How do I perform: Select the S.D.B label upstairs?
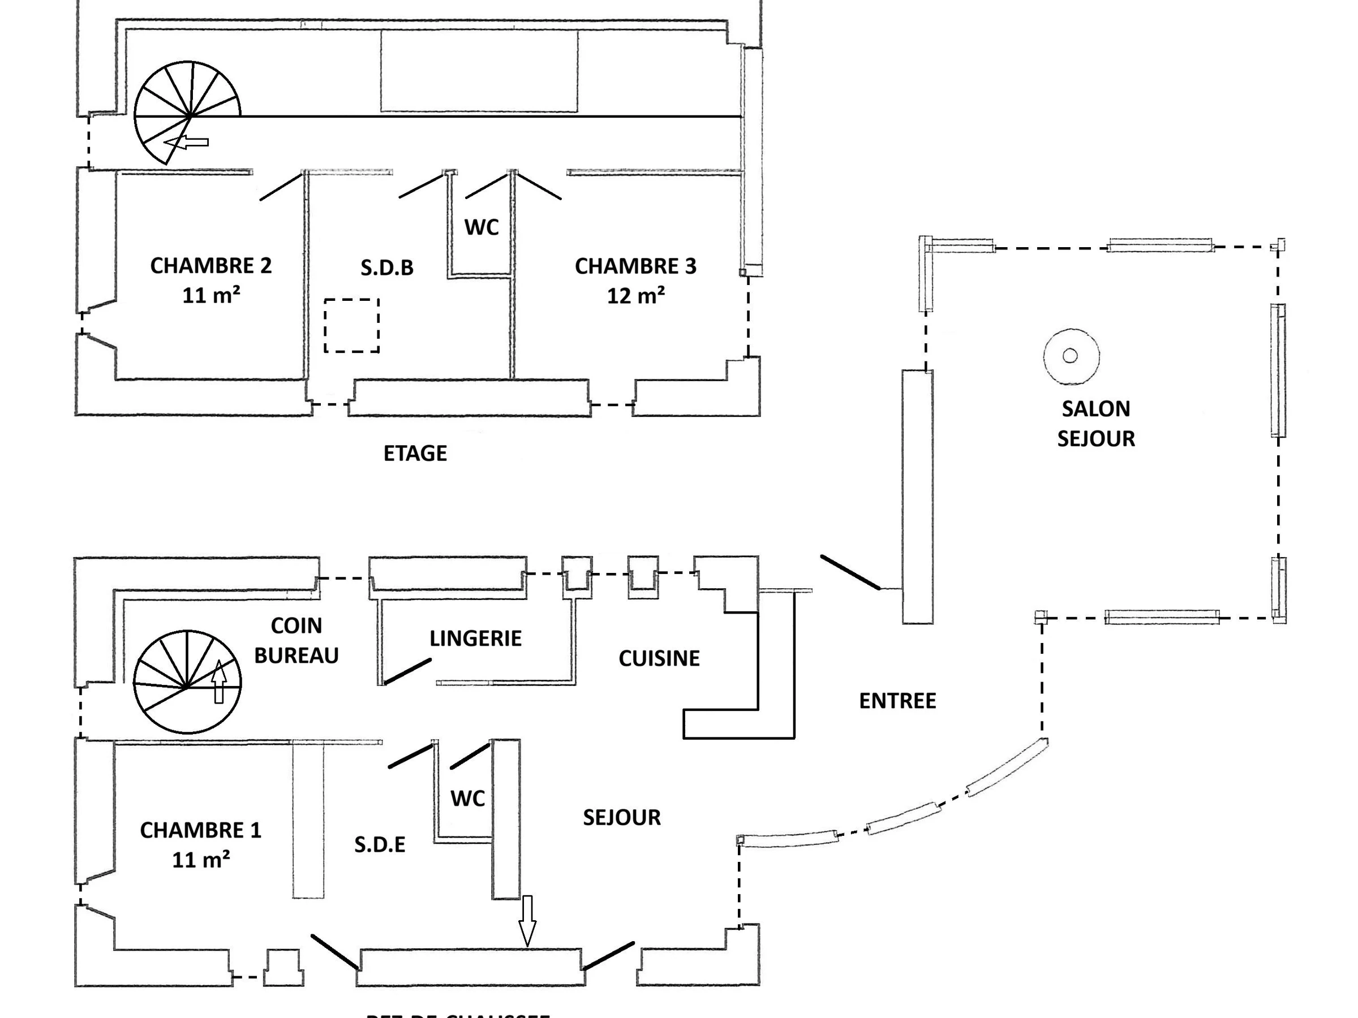coord(387,268)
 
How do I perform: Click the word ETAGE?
coord(415,454)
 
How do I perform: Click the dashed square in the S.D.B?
coord(352,325)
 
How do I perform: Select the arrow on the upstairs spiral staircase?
coord(187,143)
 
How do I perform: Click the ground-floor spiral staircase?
coord(187,681)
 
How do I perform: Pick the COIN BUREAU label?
coord(296,641)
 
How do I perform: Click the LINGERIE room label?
coord(475,639)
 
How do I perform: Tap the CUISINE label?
coord(659,658)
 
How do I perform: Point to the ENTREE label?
coord(897,701)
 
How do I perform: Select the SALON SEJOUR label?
coord(1096,424)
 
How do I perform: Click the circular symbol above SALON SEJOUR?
coord(1071,356)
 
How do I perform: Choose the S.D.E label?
coord(380,845)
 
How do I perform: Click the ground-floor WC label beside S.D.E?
coord(468,799)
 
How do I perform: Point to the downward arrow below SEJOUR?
coord(527,920)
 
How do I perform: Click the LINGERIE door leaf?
coord(407,671)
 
